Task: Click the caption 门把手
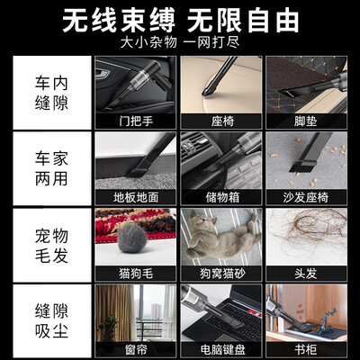136,121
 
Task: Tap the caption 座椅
222,121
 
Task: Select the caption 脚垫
305,121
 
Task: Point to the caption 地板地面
136,197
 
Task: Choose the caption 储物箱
222,197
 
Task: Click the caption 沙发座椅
306,197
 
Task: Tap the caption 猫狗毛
136,274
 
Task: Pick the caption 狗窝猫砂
222,274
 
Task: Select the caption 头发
305,274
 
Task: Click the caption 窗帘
136,349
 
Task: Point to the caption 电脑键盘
222,349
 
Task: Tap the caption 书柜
305,349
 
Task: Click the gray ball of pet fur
131,237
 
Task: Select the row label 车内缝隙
51,93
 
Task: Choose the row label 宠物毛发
51,246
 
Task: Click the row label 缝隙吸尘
51,321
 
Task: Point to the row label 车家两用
51,169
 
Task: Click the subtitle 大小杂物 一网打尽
180,42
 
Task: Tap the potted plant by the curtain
108,328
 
